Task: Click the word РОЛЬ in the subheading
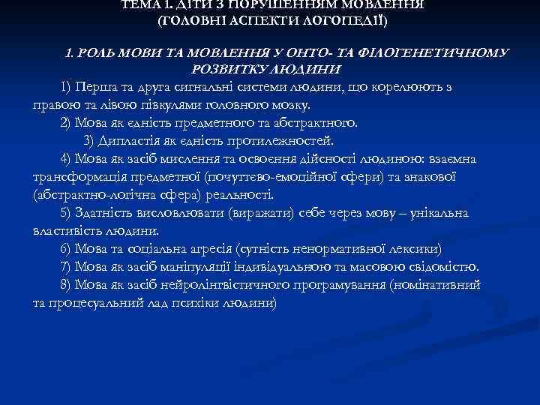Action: (102, 53)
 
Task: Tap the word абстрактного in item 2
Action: (316, 123)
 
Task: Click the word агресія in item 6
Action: (202, 248)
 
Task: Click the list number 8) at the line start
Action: (65, 285)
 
